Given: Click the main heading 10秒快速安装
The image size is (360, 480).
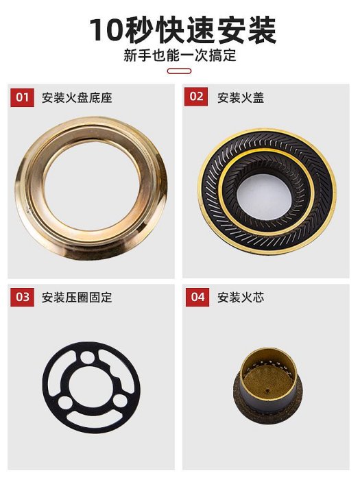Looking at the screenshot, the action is point(183,30).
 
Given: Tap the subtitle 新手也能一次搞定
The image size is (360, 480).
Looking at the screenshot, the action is point(180,56).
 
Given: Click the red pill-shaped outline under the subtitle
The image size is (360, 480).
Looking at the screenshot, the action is point(179,71).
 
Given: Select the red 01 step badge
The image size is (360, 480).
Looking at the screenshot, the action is point(23,97).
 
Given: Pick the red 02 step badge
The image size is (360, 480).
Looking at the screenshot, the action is point(196,97).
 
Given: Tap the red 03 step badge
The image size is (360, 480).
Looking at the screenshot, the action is point(23,297).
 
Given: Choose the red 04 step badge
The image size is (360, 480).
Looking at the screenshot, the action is point(197,297).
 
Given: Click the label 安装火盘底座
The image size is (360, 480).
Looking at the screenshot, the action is point(77,98).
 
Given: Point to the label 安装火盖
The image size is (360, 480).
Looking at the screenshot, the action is point(241,98).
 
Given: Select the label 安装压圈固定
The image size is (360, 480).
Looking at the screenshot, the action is point(77,298).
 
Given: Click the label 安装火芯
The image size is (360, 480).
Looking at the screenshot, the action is point(241,298).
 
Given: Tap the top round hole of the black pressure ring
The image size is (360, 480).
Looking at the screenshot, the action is point(88,357).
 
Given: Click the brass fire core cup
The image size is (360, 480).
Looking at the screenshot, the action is point(268,385).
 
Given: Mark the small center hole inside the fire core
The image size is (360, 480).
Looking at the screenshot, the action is point(267,391).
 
